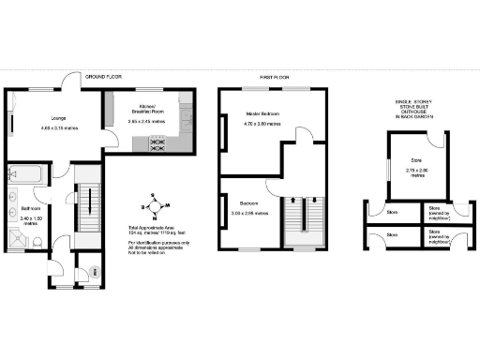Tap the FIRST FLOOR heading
(x=272, y=76)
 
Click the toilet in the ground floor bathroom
(x=36, y=242)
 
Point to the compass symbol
(x=154, y=205)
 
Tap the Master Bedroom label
(x=262, y=114)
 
